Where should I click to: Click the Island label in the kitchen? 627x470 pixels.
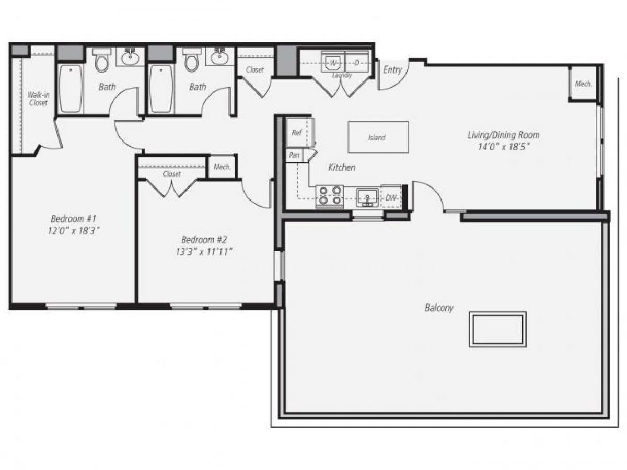point(377,138)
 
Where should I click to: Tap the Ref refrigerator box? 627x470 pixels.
point(297,133)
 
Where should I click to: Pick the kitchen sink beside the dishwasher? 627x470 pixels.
point(367,197)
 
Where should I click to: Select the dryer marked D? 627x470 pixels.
point(356,63)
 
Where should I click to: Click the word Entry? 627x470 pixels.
point(392,69)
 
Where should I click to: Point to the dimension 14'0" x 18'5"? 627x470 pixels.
point(503,147)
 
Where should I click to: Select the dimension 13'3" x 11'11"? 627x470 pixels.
point(204,252)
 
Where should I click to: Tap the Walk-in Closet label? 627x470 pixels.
point(38,99)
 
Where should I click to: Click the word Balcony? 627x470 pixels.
point(439,308)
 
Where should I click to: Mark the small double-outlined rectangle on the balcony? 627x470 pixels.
point(497,330)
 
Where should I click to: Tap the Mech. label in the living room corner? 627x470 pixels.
point(583,84)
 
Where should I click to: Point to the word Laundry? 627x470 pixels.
point(342,75)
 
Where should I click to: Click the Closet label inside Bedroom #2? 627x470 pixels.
point(171,174)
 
